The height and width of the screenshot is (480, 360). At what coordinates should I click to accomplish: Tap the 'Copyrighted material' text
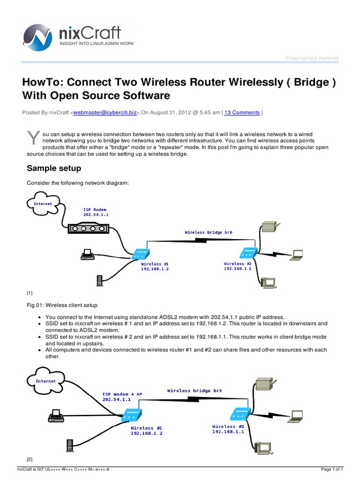tap(312, 58)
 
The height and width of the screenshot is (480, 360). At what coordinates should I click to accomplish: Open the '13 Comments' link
tap(242, 112)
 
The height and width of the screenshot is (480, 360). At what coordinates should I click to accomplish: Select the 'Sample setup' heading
tap(54, 168)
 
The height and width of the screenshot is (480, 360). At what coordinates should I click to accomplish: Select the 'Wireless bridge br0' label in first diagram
tap(209, 232)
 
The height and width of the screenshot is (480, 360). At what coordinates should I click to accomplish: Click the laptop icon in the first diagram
tap(297, 255)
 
